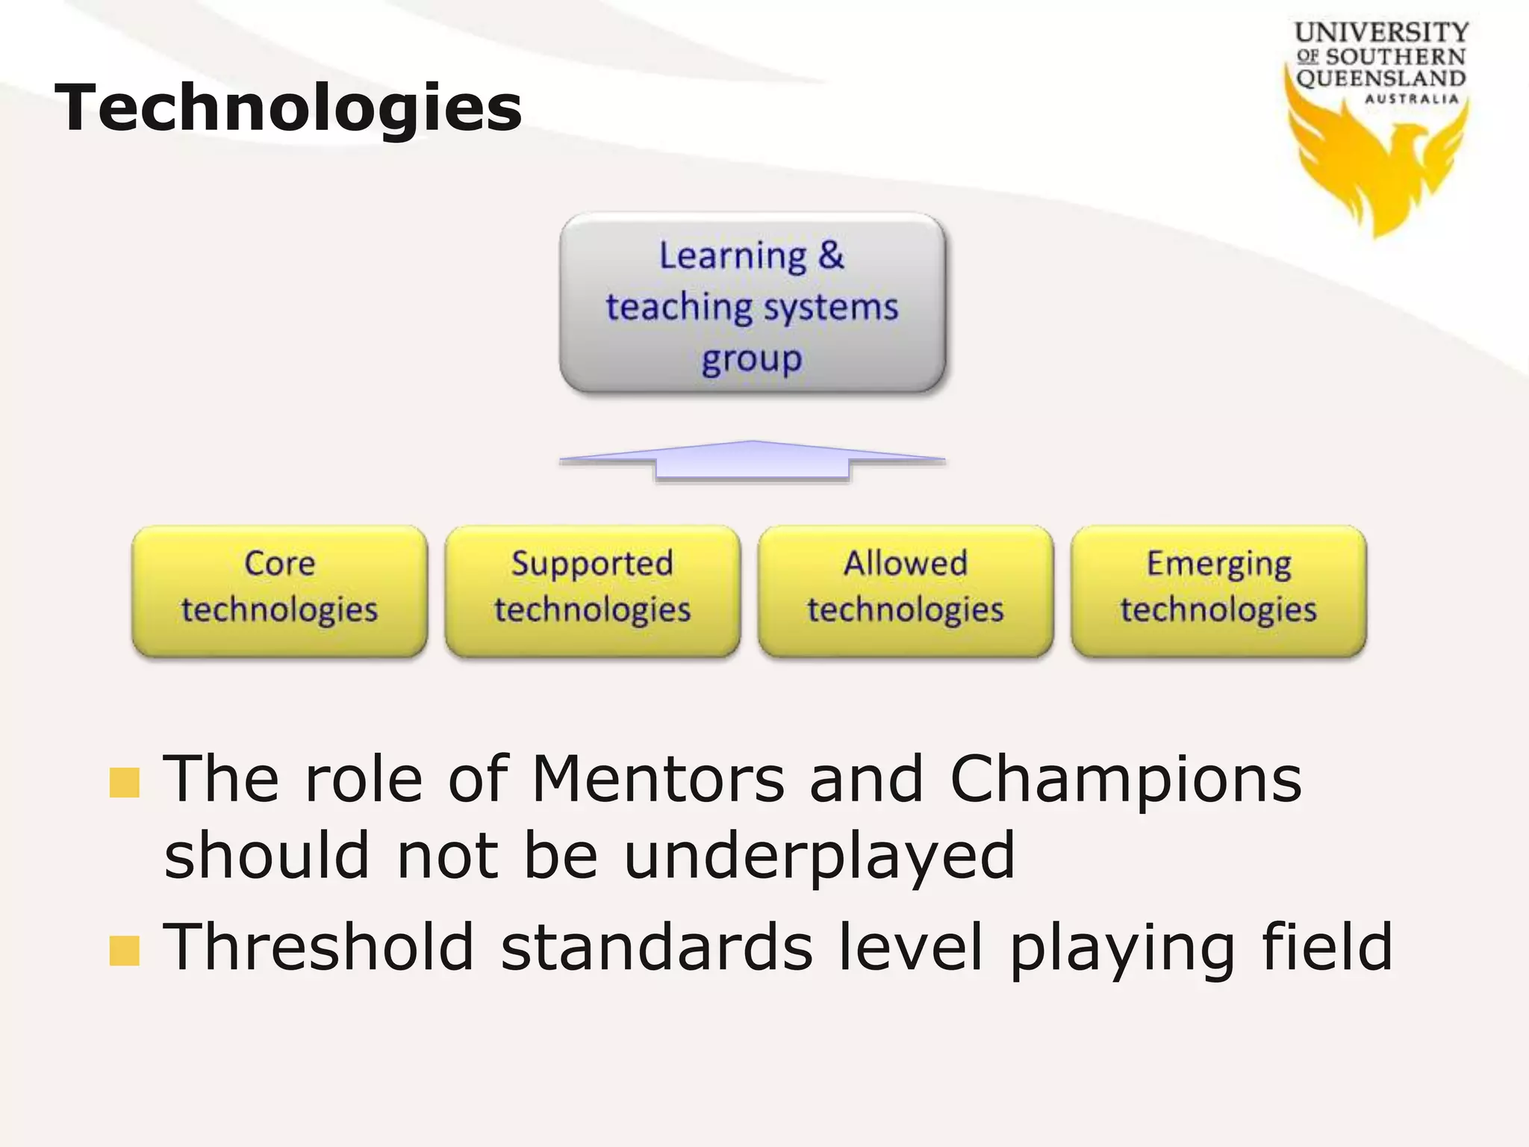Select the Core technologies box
279,590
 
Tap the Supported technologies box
592,590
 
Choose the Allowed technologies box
905,590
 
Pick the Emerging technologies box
1218,590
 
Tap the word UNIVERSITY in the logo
1381,32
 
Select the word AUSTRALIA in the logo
1411,99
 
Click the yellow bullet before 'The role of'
124,783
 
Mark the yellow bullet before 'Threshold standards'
124,951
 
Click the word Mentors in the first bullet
658,779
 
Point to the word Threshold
319,947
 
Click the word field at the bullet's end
1327,947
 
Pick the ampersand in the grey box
830,255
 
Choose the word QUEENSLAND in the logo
1381,78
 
